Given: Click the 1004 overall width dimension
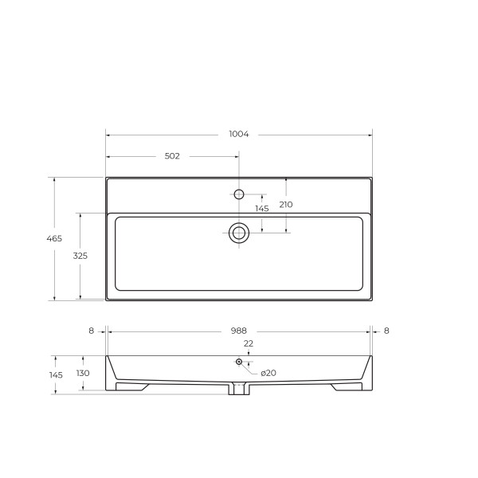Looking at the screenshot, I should pyautogui.click(x=239, y=134).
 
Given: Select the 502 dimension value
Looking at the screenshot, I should pyautogui.click(x=172, y=156).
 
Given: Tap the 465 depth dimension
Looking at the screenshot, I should pyautogui.click(x=55, y=239).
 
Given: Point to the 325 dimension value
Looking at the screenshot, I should pyautogui.click(x=80, y=257).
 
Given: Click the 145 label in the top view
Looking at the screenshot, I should pyautogui.click(x=261, y=209).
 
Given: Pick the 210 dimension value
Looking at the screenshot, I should pyautogui.click(x=286, y=205).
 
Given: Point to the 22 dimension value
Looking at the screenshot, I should pyautogui.click(x=248, y=343).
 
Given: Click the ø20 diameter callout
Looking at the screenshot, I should pyautogui.click(x=268, y=373).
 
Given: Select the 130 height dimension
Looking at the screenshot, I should pyautogui.click(x=83, y=373).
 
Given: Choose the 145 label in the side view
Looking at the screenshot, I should pyautogui.click(x=55, y=374).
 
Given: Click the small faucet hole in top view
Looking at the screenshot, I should pyautogui.click(x=238, y=194).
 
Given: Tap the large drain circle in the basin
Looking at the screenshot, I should pyautogui.click(x=239, y=233).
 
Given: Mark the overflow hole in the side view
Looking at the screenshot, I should pyautogui.click(x=238, y=362).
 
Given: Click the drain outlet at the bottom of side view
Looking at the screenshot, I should pyautogui.click(x=239, y=390).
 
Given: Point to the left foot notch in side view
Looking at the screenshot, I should pyautogui.click(x=132, y=386).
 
